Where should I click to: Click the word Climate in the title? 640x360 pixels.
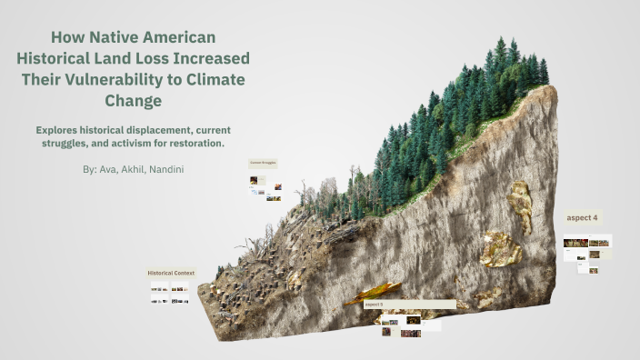[x=214, y=79]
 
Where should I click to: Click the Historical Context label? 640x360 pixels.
[x=171, y=273]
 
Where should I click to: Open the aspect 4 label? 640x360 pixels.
[x=583, y=218]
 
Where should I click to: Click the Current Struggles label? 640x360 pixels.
[x=263, y=163]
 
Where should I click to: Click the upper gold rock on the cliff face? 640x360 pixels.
[x=521, y=202]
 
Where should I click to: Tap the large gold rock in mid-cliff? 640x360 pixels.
[x=501, y=249]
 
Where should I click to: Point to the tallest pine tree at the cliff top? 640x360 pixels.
[x=501, y=55]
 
